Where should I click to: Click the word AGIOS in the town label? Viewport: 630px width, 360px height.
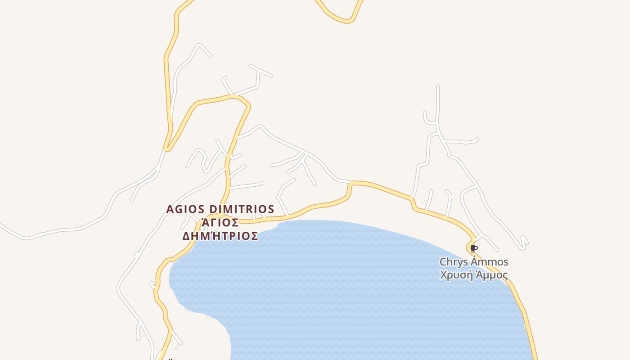[x=184, y=209]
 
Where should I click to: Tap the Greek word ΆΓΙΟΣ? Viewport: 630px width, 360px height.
[x=220, y=222]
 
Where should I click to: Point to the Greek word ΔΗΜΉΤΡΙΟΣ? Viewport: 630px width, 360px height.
[x=220, y=236]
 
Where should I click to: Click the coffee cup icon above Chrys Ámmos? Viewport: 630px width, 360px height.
[x=473, y=248]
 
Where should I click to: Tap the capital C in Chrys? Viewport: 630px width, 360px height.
[x=443, y=262]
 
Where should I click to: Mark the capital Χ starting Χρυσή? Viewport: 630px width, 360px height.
[x=443, y=275]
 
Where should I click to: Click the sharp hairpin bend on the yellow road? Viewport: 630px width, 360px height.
[x=166, y=148]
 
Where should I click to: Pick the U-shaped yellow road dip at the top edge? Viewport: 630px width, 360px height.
[x=346, y=20]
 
